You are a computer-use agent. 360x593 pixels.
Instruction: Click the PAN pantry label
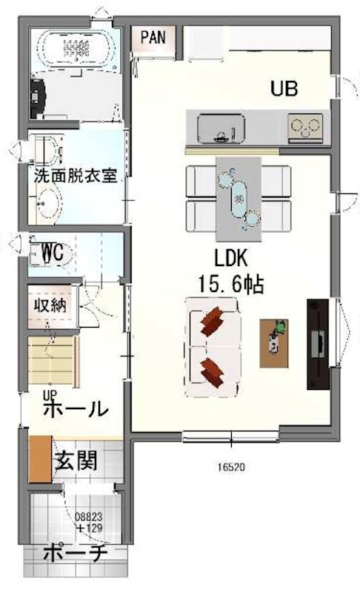point(153,38)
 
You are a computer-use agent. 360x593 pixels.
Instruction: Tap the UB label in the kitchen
point(284,88)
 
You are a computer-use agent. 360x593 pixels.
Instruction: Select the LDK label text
point(231,258)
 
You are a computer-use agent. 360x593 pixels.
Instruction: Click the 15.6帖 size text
point(231,284)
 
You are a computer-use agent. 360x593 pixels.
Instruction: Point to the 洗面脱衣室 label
point(76,176)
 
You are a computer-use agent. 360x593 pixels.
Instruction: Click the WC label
point(53,252)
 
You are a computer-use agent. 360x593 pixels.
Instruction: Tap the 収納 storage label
point(50,305)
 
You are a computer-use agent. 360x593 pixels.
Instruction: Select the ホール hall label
point(76,408)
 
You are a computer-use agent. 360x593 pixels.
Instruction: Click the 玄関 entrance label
point(76,460)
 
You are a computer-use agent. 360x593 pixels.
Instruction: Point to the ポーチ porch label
point(75,554)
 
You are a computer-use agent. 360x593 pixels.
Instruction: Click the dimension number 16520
point(231,467)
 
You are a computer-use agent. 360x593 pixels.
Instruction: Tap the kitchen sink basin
point(221,127)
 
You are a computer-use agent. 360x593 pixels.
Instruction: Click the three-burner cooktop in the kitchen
point(305,127)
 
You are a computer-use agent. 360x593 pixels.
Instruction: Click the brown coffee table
point(274,343)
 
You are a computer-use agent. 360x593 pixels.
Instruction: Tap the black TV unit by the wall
point(318,344)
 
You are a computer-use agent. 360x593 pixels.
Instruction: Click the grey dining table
point(239,199)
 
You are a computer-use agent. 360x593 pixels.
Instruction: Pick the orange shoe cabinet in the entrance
point(41,459)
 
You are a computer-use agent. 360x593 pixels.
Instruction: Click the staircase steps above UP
point(53,361)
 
